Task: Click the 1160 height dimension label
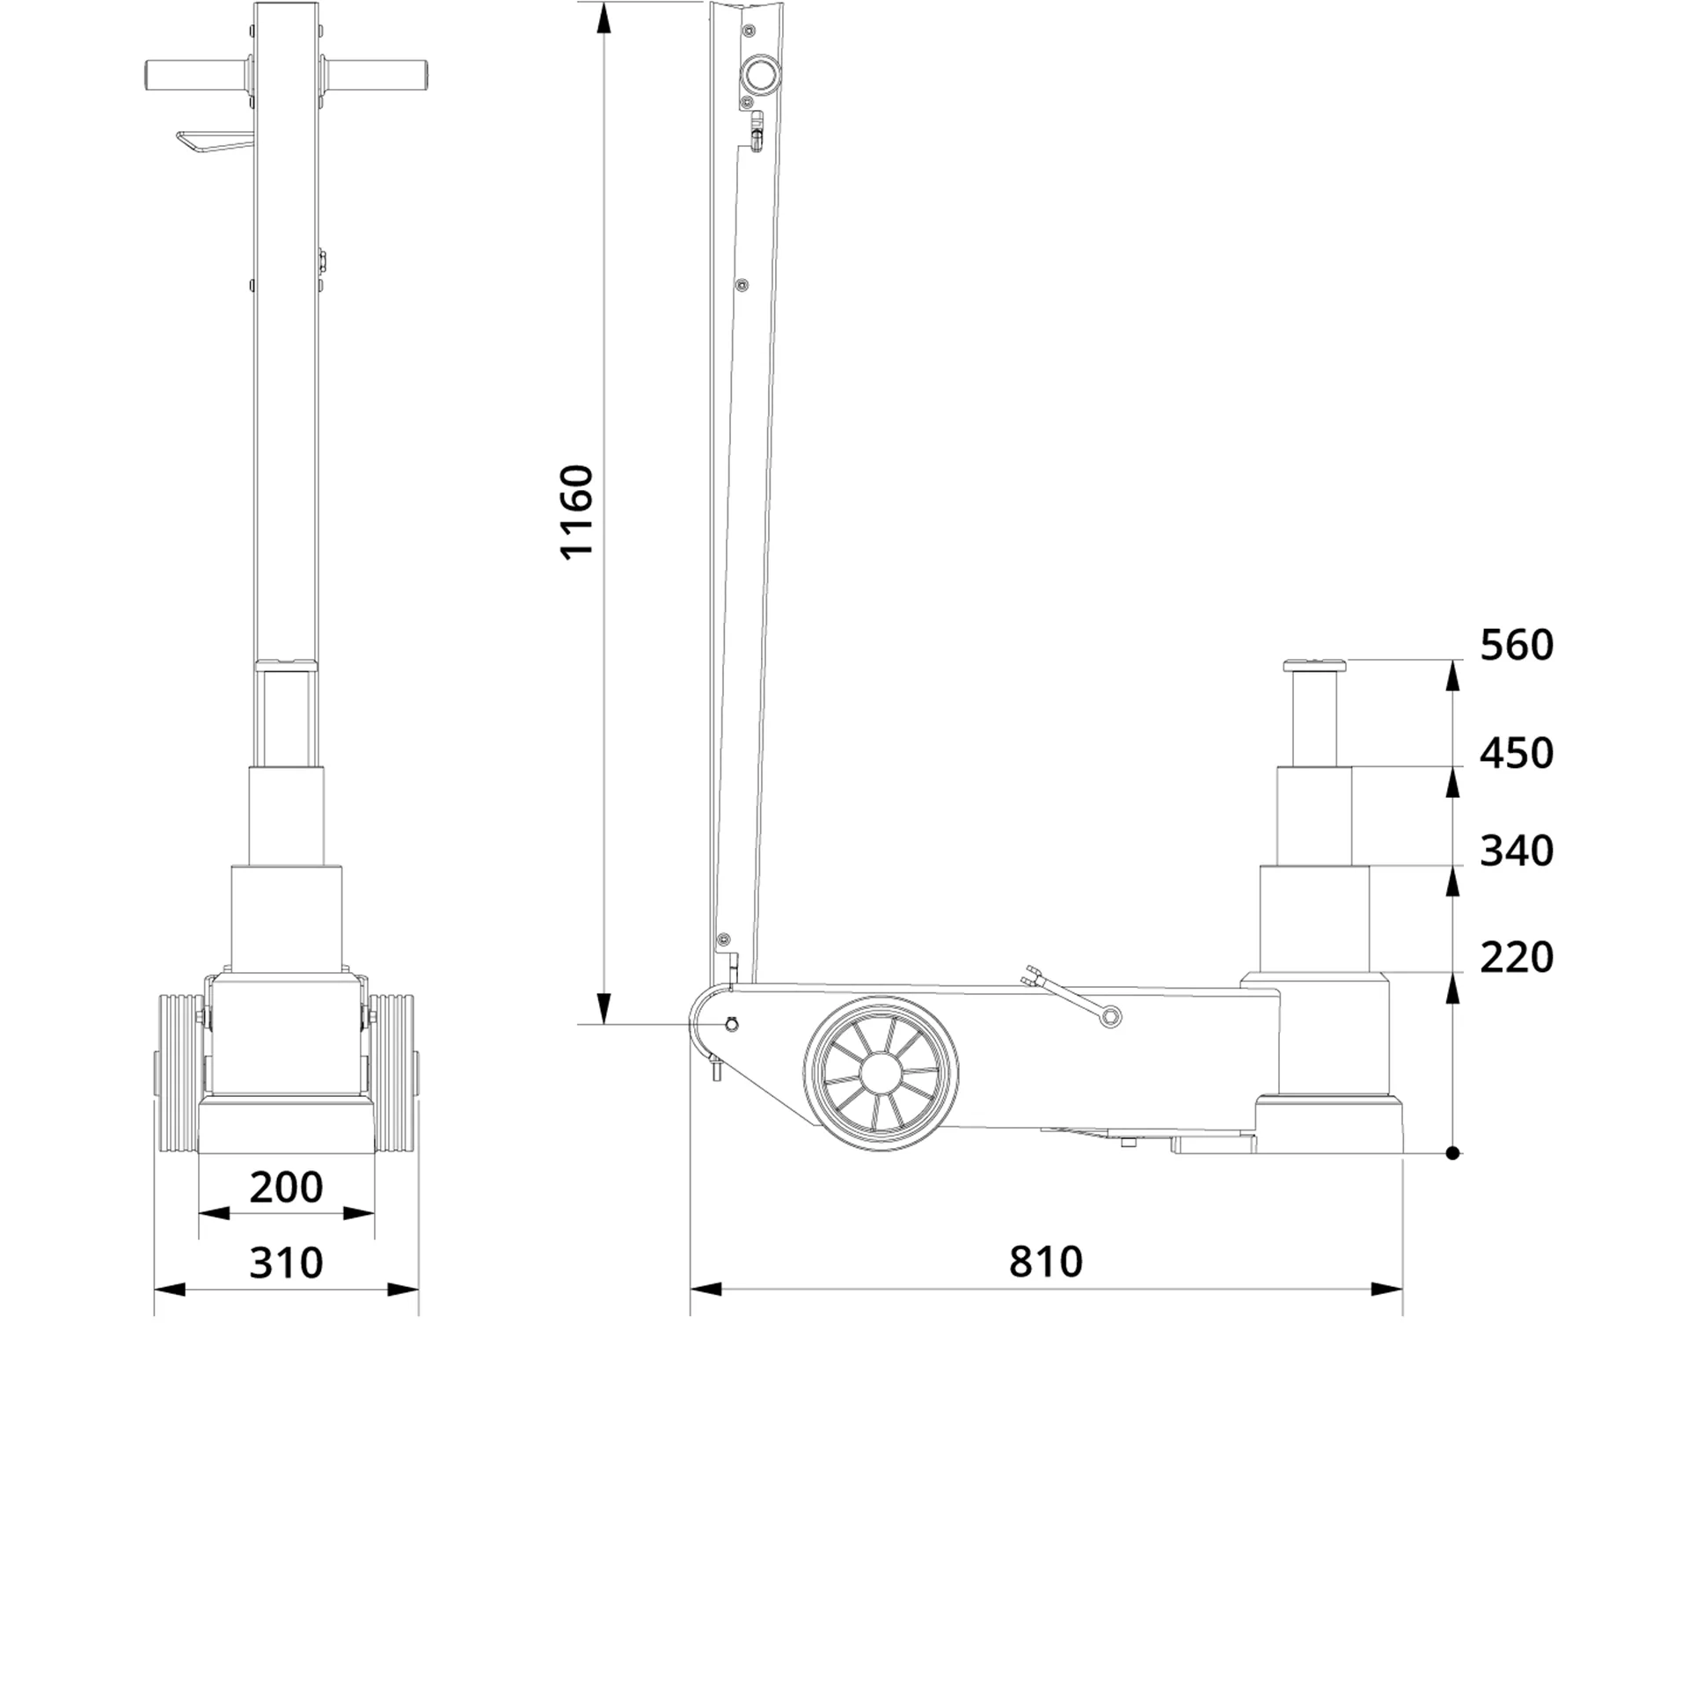point(578,512)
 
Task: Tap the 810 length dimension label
point(1045,1261)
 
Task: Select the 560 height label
point(1516,646)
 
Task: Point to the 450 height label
point(1516,754)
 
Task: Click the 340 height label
point(1516,852)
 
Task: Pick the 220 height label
point(1516,957)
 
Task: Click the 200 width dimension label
point(286,1188)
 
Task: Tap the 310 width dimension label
point(286,1263)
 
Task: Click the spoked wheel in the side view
point(881,1073)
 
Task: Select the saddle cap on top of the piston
point(1316,666)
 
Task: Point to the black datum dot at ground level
point(1452,1153)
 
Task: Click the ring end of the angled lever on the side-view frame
point(1112,1018)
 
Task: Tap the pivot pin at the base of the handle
point(731,1024)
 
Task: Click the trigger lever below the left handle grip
point(211,143)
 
